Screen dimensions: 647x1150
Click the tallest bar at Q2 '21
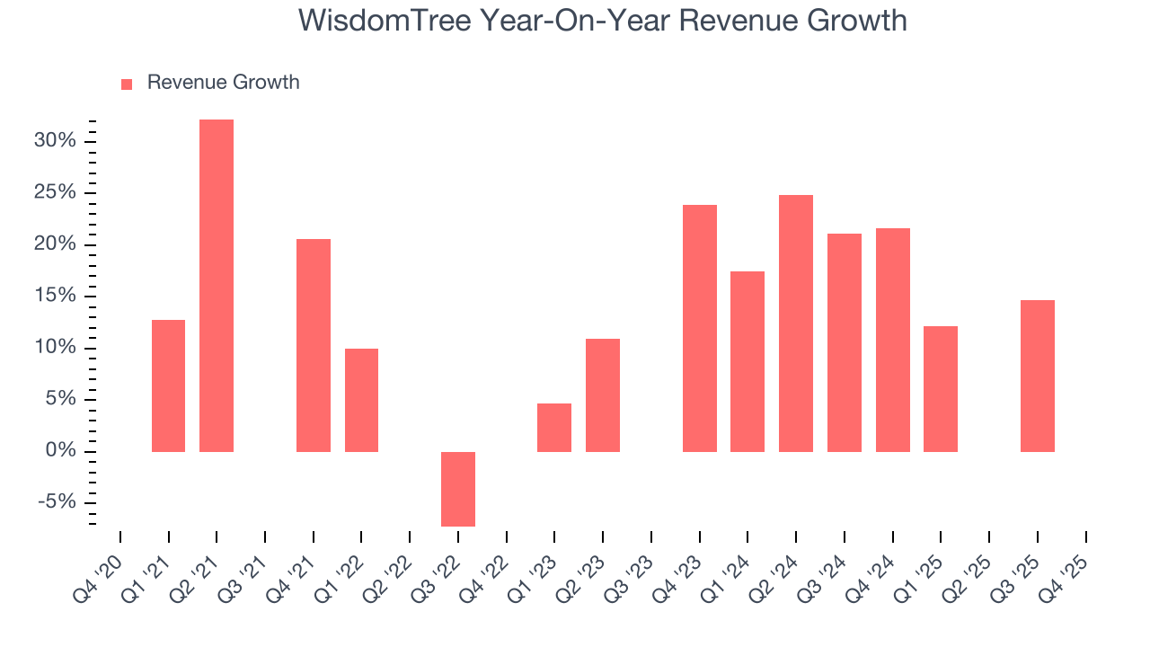217,285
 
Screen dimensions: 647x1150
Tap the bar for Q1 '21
168,386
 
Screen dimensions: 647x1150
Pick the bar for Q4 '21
314,345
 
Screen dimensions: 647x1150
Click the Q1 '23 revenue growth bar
554,427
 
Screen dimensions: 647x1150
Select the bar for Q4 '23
700,328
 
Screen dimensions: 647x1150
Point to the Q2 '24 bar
796,323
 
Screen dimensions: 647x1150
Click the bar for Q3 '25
1038,376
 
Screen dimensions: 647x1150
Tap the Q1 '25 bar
941,388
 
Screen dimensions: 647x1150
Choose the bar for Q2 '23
603,394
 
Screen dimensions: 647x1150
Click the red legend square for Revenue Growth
127,84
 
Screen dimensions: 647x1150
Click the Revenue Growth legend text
223,83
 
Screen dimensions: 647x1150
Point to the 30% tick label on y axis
55,141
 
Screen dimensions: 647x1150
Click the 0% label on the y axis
60,451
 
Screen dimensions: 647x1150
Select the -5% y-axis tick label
57,502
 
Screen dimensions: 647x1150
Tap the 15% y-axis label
55,297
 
